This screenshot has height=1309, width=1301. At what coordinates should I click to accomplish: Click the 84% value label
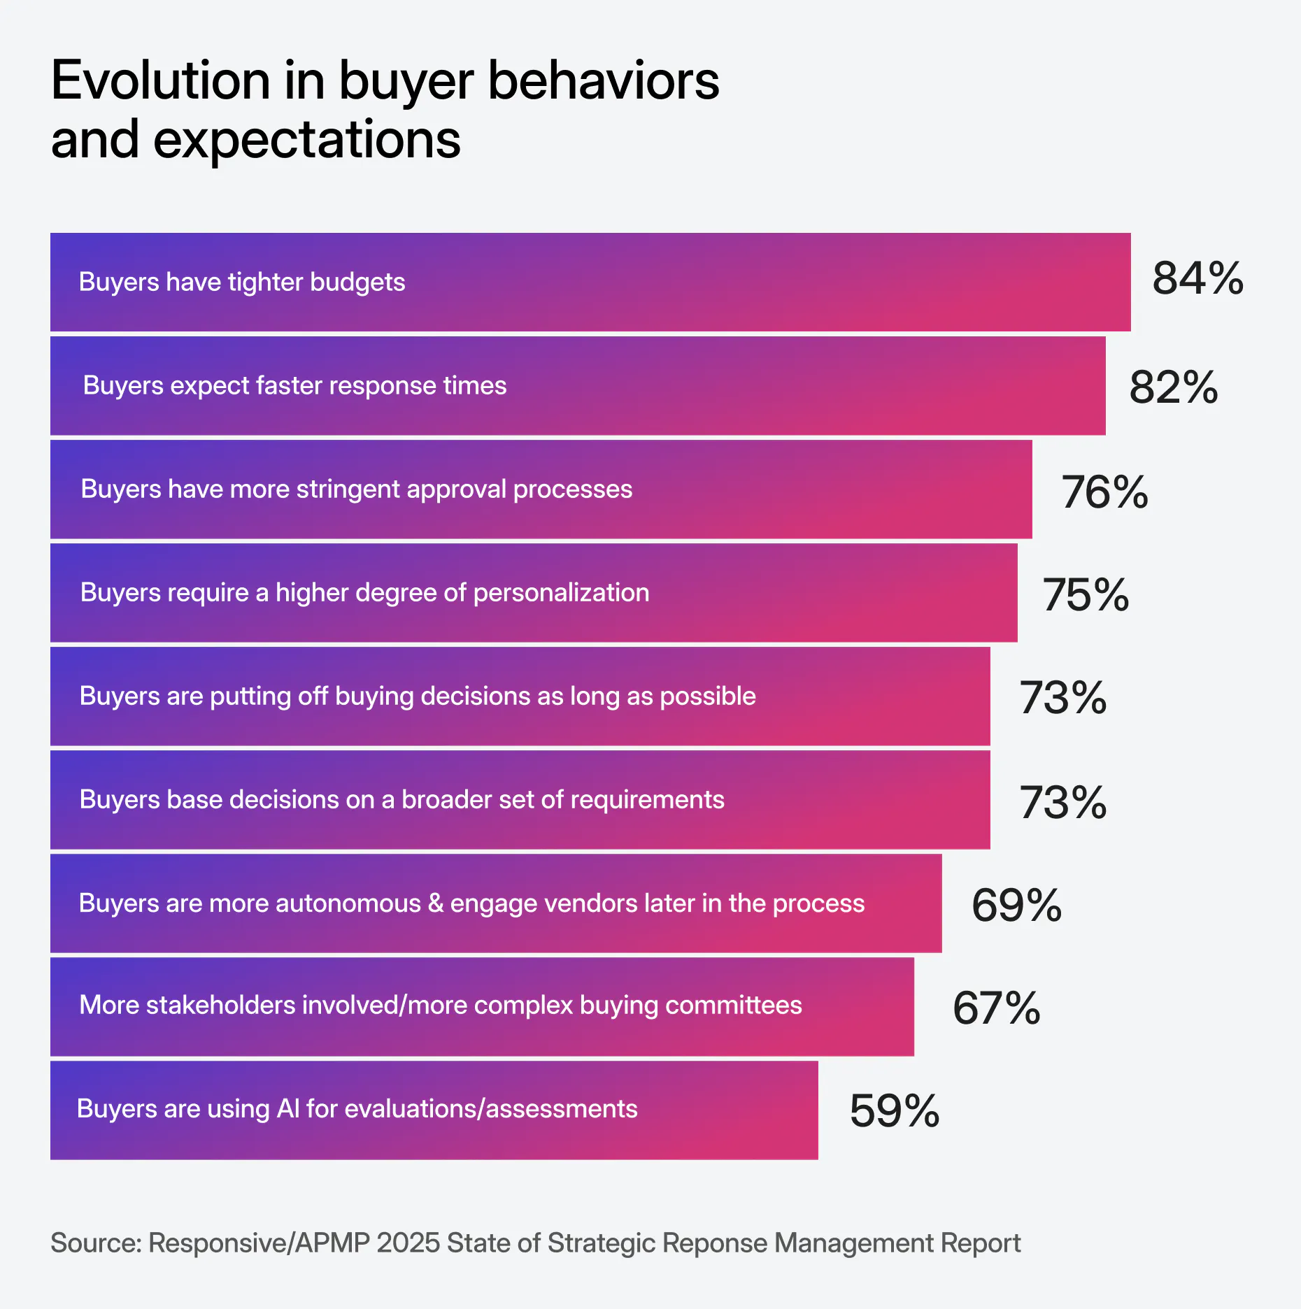(x=1197, y=278)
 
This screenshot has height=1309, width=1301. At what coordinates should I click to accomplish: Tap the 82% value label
(x=1173, y=387)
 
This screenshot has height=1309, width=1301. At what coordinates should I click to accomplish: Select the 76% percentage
(x=1104, y=492)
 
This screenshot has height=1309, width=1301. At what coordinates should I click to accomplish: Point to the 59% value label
(x=894, y=1111)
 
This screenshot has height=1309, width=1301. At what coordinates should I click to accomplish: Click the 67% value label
(x=996, y=1008)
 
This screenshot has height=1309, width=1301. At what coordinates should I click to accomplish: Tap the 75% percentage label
(x=1086, y=595)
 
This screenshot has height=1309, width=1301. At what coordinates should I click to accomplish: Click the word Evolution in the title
(x=160, y=80)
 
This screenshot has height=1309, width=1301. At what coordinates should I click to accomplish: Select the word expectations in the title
(x=306, y=140)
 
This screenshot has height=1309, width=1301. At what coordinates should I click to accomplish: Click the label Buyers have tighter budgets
(x=241, y=282)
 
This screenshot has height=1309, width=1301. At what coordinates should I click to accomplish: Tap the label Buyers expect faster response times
(x=294, y=385)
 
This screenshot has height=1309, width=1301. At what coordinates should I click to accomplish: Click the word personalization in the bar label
(x=561, y=593)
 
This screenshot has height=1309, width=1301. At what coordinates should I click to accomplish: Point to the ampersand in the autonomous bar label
(x=436, y=903)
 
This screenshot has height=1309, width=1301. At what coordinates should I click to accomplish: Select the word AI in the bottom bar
(x=288, y=1109)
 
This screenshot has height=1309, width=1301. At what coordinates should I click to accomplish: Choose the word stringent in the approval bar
(x=348, y=489)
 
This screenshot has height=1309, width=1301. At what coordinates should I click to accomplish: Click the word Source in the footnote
(x=95, y=1243)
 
